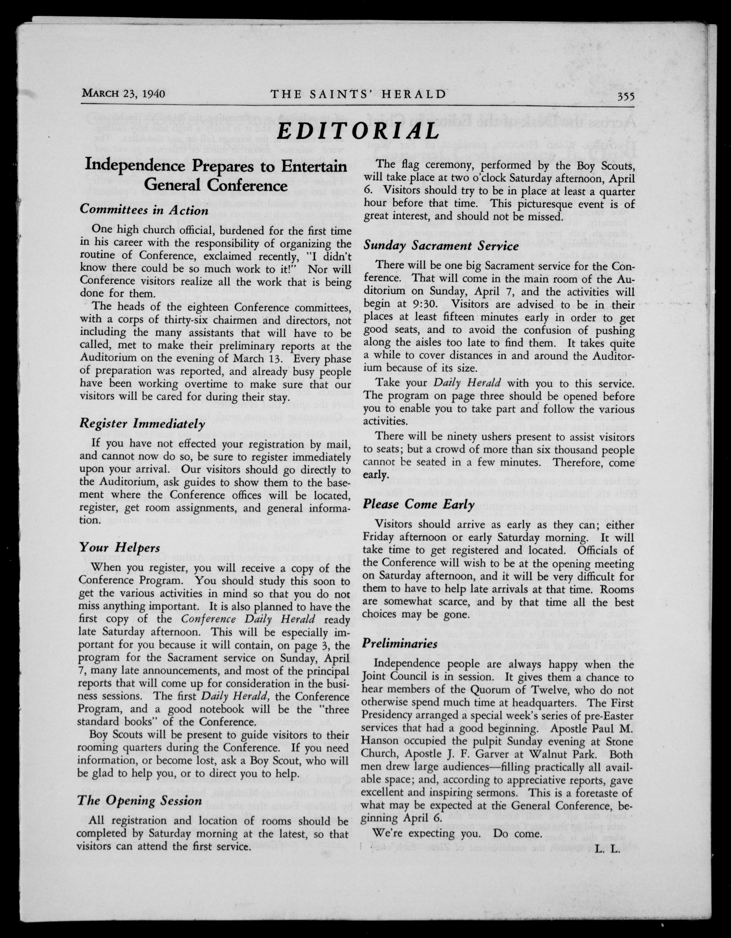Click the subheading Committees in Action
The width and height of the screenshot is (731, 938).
[144, 210]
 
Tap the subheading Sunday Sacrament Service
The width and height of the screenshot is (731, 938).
[441, 246]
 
